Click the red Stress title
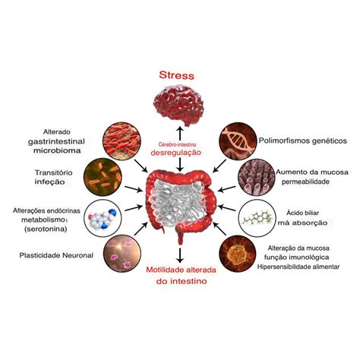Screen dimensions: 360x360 tap(176, 76)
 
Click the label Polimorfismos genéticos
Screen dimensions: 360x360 tap(301, 141)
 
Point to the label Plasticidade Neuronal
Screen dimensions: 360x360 tap(58, 255)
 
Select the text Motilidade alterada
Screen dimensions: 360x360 tap(179, 269)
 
